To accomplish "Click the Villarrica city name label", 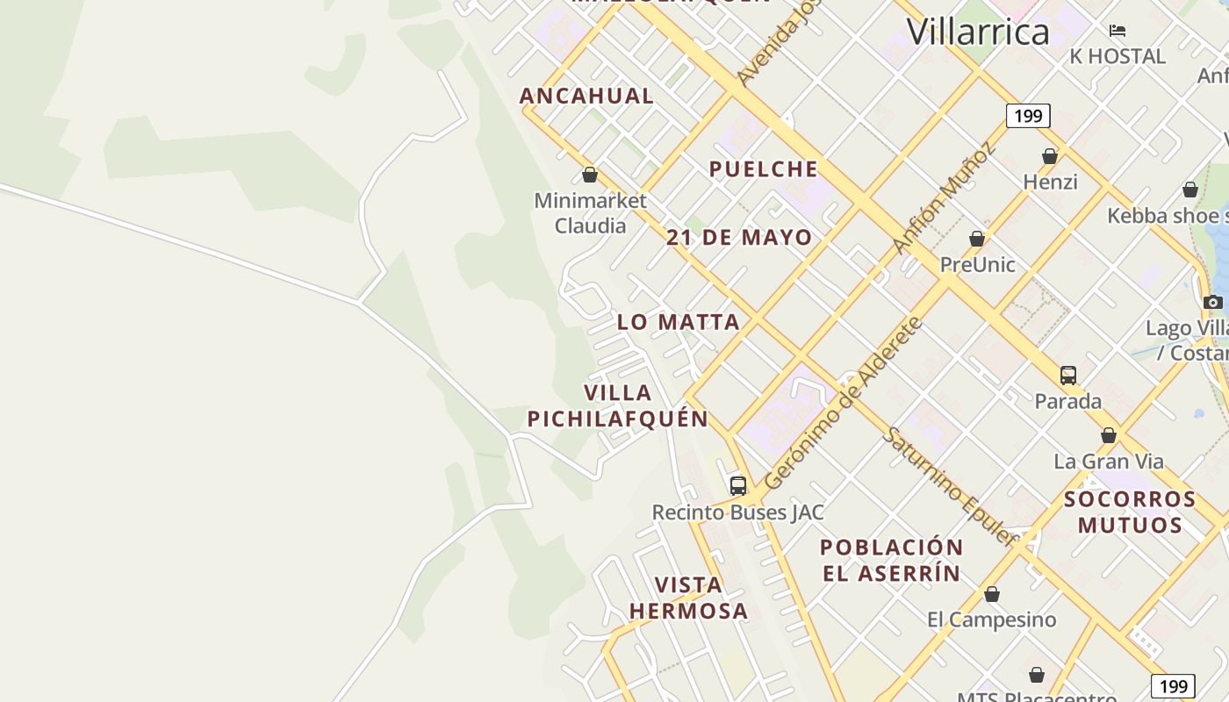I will (x=978, y=32).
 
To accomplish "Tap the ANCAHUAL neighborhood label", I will (x=586, y=96).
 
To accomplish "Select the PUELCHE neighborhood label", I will (x=763, y=169).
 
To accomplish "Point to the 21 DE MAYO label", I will (x=739, y=238).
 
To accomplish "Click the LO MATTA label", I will (x=678, y=322).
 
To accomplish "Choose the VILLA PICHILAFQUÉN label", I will (x=617, y=405).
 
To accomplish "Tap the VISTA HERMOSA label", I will (x=688, y=598).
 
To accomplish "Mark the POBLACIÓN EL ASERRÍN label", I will (x=891, y=560).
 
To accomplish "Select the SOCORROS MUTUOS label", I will (x=1130, y=512).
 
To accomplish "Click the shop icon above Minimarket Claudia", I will (x=590, y=175).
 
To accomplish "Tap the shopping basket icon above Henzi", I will (x=1049, y=156).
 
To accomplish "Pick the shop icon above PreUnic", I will (x=976, y=239).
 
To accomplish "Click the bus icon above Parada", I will (x=1067, y=376).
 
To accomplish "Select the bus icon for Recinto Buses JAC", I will (x=738, y=485).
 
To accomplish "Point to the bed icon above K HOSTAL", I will (x=1117, y=31).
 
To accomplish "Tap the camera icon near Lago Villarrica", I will (x=1213, y=302).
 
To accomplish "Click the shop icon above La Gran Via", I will (x=1108, y=435).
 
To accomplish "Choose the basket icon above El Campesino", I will (x=992, y=594).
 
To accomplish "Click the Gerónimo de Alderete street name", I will (x=843, y=404).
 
